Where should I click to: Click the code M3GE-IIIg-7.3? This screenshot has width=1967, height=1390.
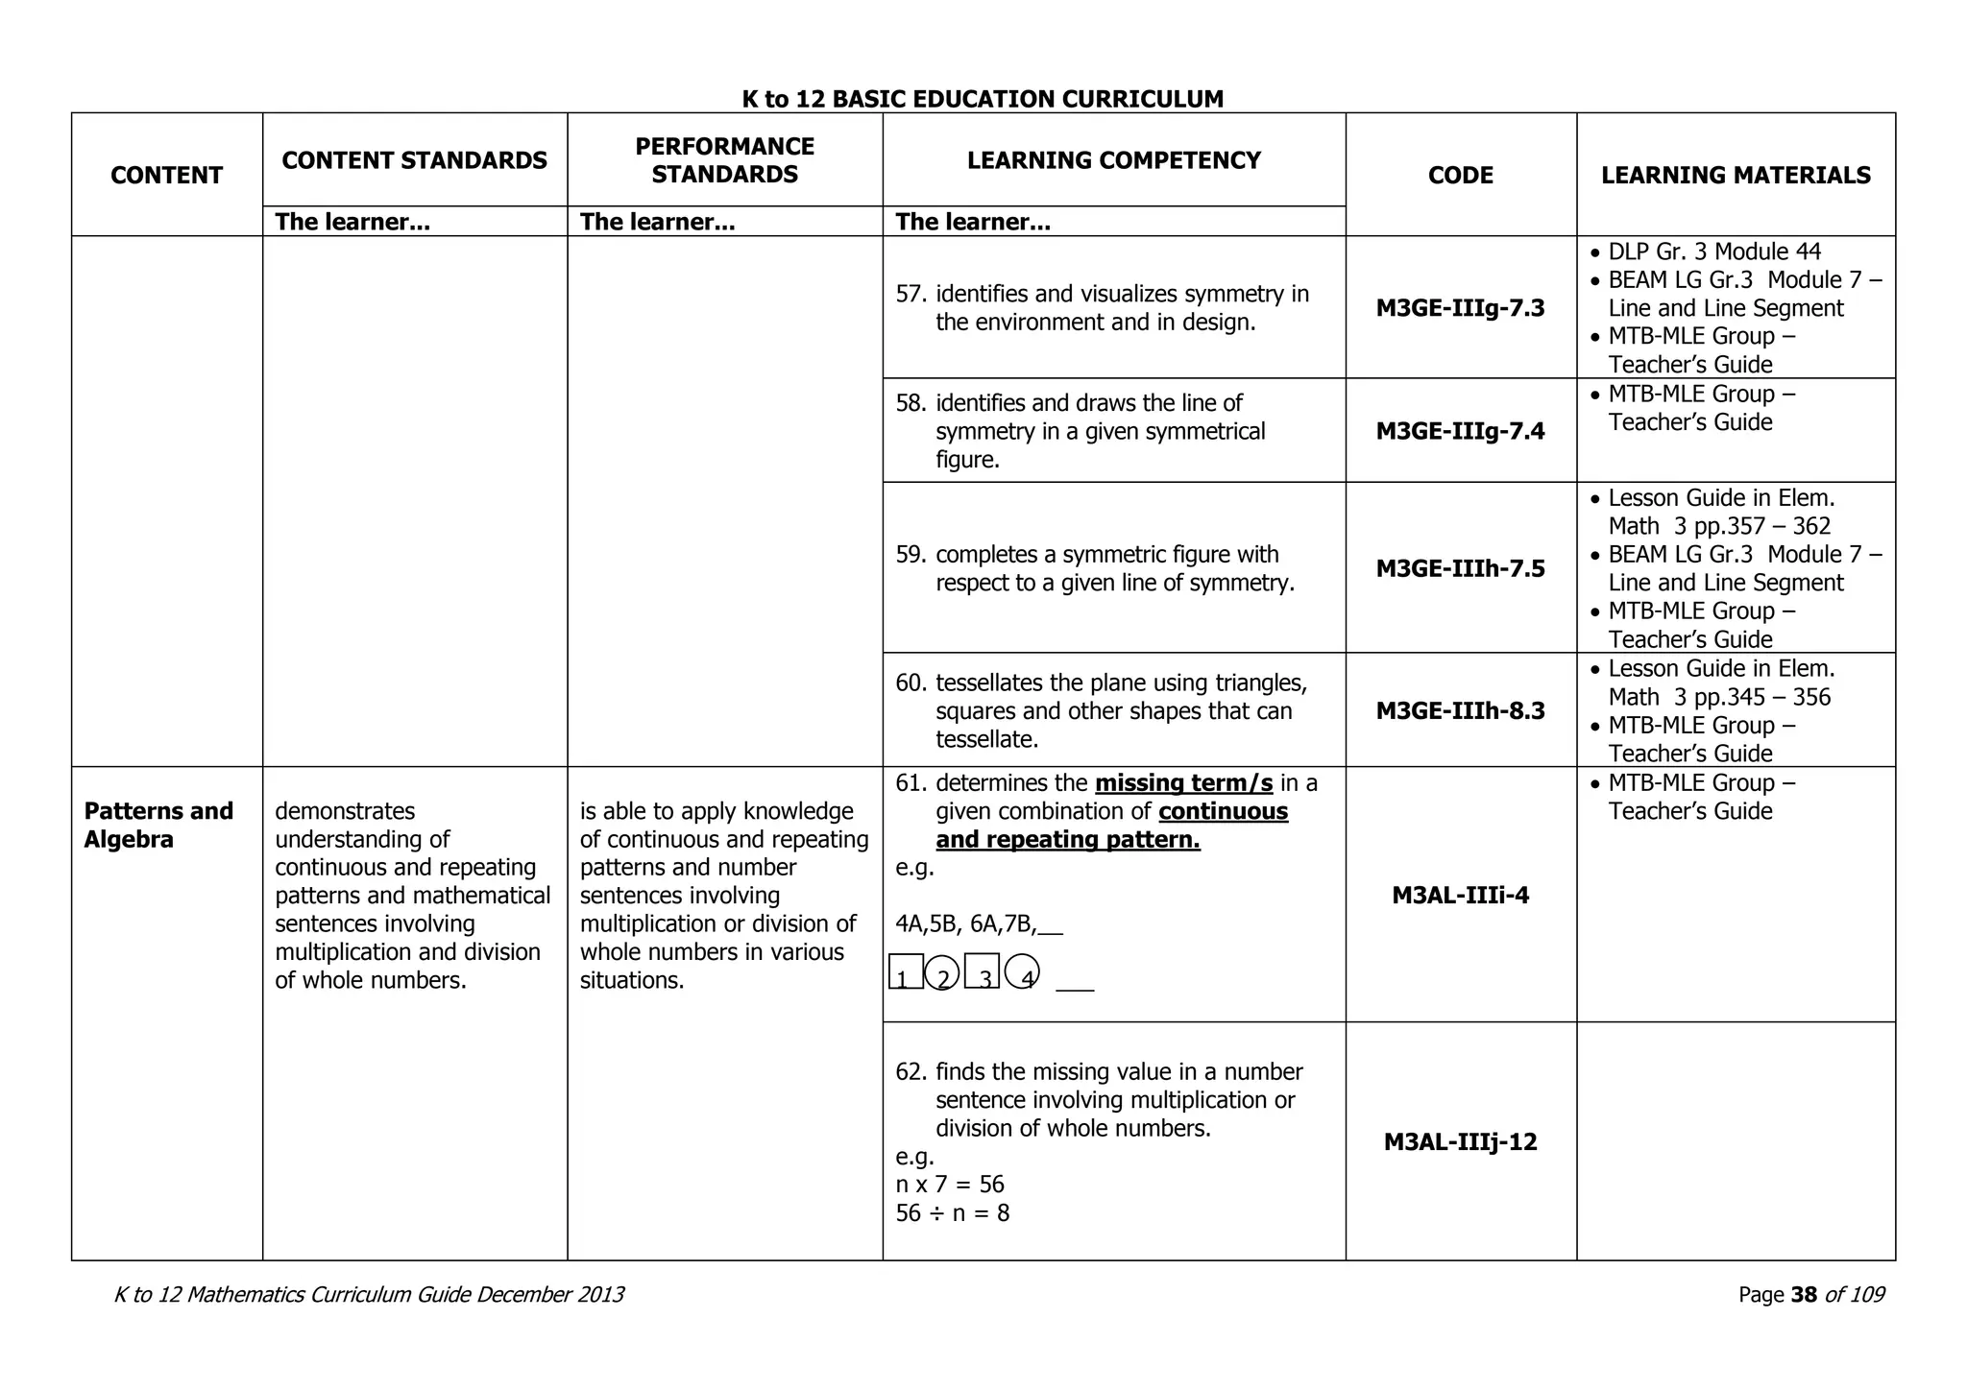[1460, 308]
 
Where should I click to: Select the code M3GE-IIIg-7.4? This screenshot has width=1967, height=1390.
[1460, 431]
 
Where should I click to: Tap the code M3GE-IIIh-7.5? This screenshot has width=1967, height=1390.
[1460, 568]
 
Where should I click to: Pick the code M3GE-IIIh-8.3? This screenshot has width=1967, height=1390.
[1460, 710]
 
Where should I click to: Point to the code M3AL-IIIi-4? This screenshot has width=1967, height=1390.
[1460, 896]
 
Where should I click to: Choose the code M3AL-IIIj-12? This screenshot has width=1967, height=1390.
[1460, 1141]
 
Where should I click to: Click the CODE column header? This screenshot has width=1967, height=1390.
[1460, 175]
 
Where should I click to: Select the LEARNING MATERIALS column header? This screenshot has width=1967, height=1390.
[1736, 175]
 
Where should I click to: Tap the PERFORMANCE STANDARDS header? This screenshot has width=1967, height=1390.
[724, 160]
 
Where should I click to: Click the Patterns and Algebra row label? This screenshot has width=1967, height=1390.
[158, 825]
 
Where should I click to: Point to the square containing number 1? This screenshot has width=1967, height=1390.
[906, 971]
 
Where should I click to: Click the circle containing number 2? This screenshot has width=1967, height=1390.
[942, 972]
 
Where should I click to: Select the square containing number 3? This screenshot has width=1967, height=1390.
[982, 971]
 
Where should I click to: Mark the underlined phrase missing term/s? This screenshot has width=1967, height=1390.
[1183, 783]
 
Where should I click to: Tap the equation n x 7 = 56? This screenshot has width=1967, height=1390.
[950, 1185]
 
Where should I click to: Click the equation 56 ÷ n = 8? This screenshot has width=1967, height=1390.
[952, 1213]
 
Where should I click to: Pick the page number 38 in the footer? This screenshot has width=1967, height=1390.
[1804, 1295]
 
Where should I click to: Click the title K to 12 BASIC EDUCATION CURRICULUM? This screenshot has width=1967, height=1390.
[983, 99]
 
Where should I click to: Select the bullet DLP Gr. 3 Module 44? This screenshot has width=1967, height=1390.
[1714, 252]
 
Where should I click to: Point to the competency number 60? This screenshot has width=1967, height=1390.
[910, 683]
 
